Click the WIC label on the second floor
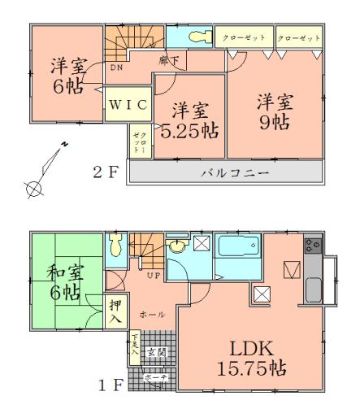click(x=128, y=104)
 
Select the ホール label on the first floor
click(x=148, y=312)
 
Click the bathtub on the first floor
click(x=237, y=247)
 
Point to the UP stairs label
click(x=152, y=276)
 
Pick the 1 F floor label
click(x=109, y=385)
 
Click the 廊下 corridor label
click(x=168, y=60)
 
